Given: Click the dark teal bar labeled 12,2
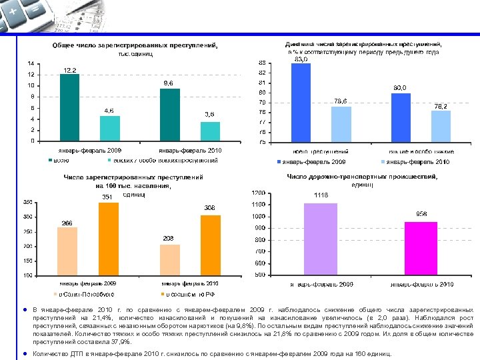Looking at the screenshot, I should pos(69,107).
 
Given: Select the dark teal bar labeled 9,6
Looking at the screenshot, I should pos(170,115).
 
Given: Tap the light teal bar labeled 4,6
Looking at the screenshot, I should pos(109,129).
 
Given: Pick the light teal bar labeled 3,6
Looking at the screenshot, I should pos(210,131).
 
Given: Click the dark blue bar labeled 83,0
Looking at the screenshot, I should pos(301,103).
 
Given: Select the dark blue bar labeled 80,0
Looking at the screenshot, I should pos(401,117).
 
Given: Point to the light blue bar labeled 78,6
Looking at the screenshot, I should pos(341,124).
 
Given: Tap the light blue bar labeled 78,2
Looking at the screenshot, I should pos(441,126).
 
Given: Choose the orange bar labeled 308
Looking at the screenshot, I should pos(210,245).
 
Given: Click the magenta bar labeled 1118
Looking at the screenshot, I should pos(321,239).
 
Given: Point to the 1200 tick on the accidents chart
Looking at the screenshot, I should pos(257,193).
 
